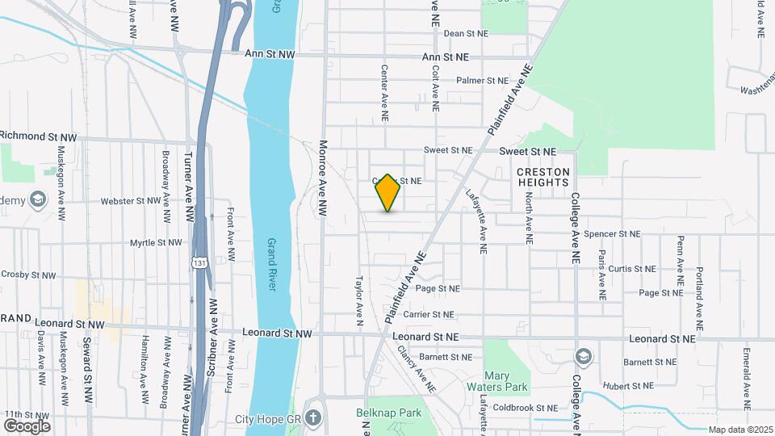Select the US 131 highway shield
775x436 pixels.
coord(199,262)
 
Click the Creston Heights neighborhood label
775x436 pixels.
coord(542,178)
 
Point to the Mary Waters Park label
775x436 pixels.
coord(506,381)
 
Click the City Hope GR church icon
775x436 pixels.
coord(313,419)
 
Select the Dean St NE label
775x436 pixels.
coord(467,34)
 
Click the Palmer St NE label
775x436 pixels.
coord(482,81)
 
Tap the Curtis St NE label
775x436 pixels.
coord(632,269)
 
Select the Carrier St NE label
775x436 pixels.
coord(433,314)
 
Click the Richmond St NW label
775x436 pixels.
coord(39,136)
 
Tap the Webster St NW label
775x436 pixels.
coord(131,201)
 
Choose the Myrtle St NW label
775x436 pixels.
coord(157,242)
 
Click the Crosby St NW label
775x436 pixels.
coord(28,275)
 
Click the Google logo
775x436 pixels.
coord(27,426)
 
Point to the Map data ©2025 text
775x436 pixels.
coord(739,430)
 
